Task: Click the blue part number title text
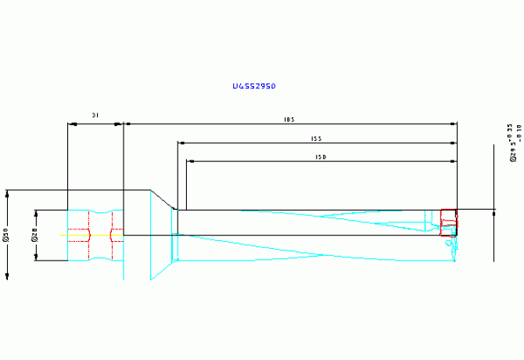coord(254,86)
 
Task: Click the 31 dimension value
coord(95,115)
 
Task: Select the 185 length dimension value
coord(289,119)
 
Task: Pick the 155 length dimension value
coord(316,139)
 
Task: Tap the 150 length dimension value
coord(321,157)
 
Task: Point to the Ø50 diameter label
coord(6,233)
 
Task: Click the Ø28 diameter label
coord(34,235)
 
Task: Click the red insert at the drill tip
coord(448,222)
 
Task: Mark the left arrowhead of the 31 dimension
coord(71,124)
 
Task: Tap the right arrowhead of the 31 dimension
coord(120,124)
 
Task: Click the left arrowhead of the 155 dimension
coord(181,143)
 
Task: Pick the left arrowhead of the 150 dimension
coord(190,161)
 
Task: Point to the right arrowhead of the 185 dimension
coord(452,124)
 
